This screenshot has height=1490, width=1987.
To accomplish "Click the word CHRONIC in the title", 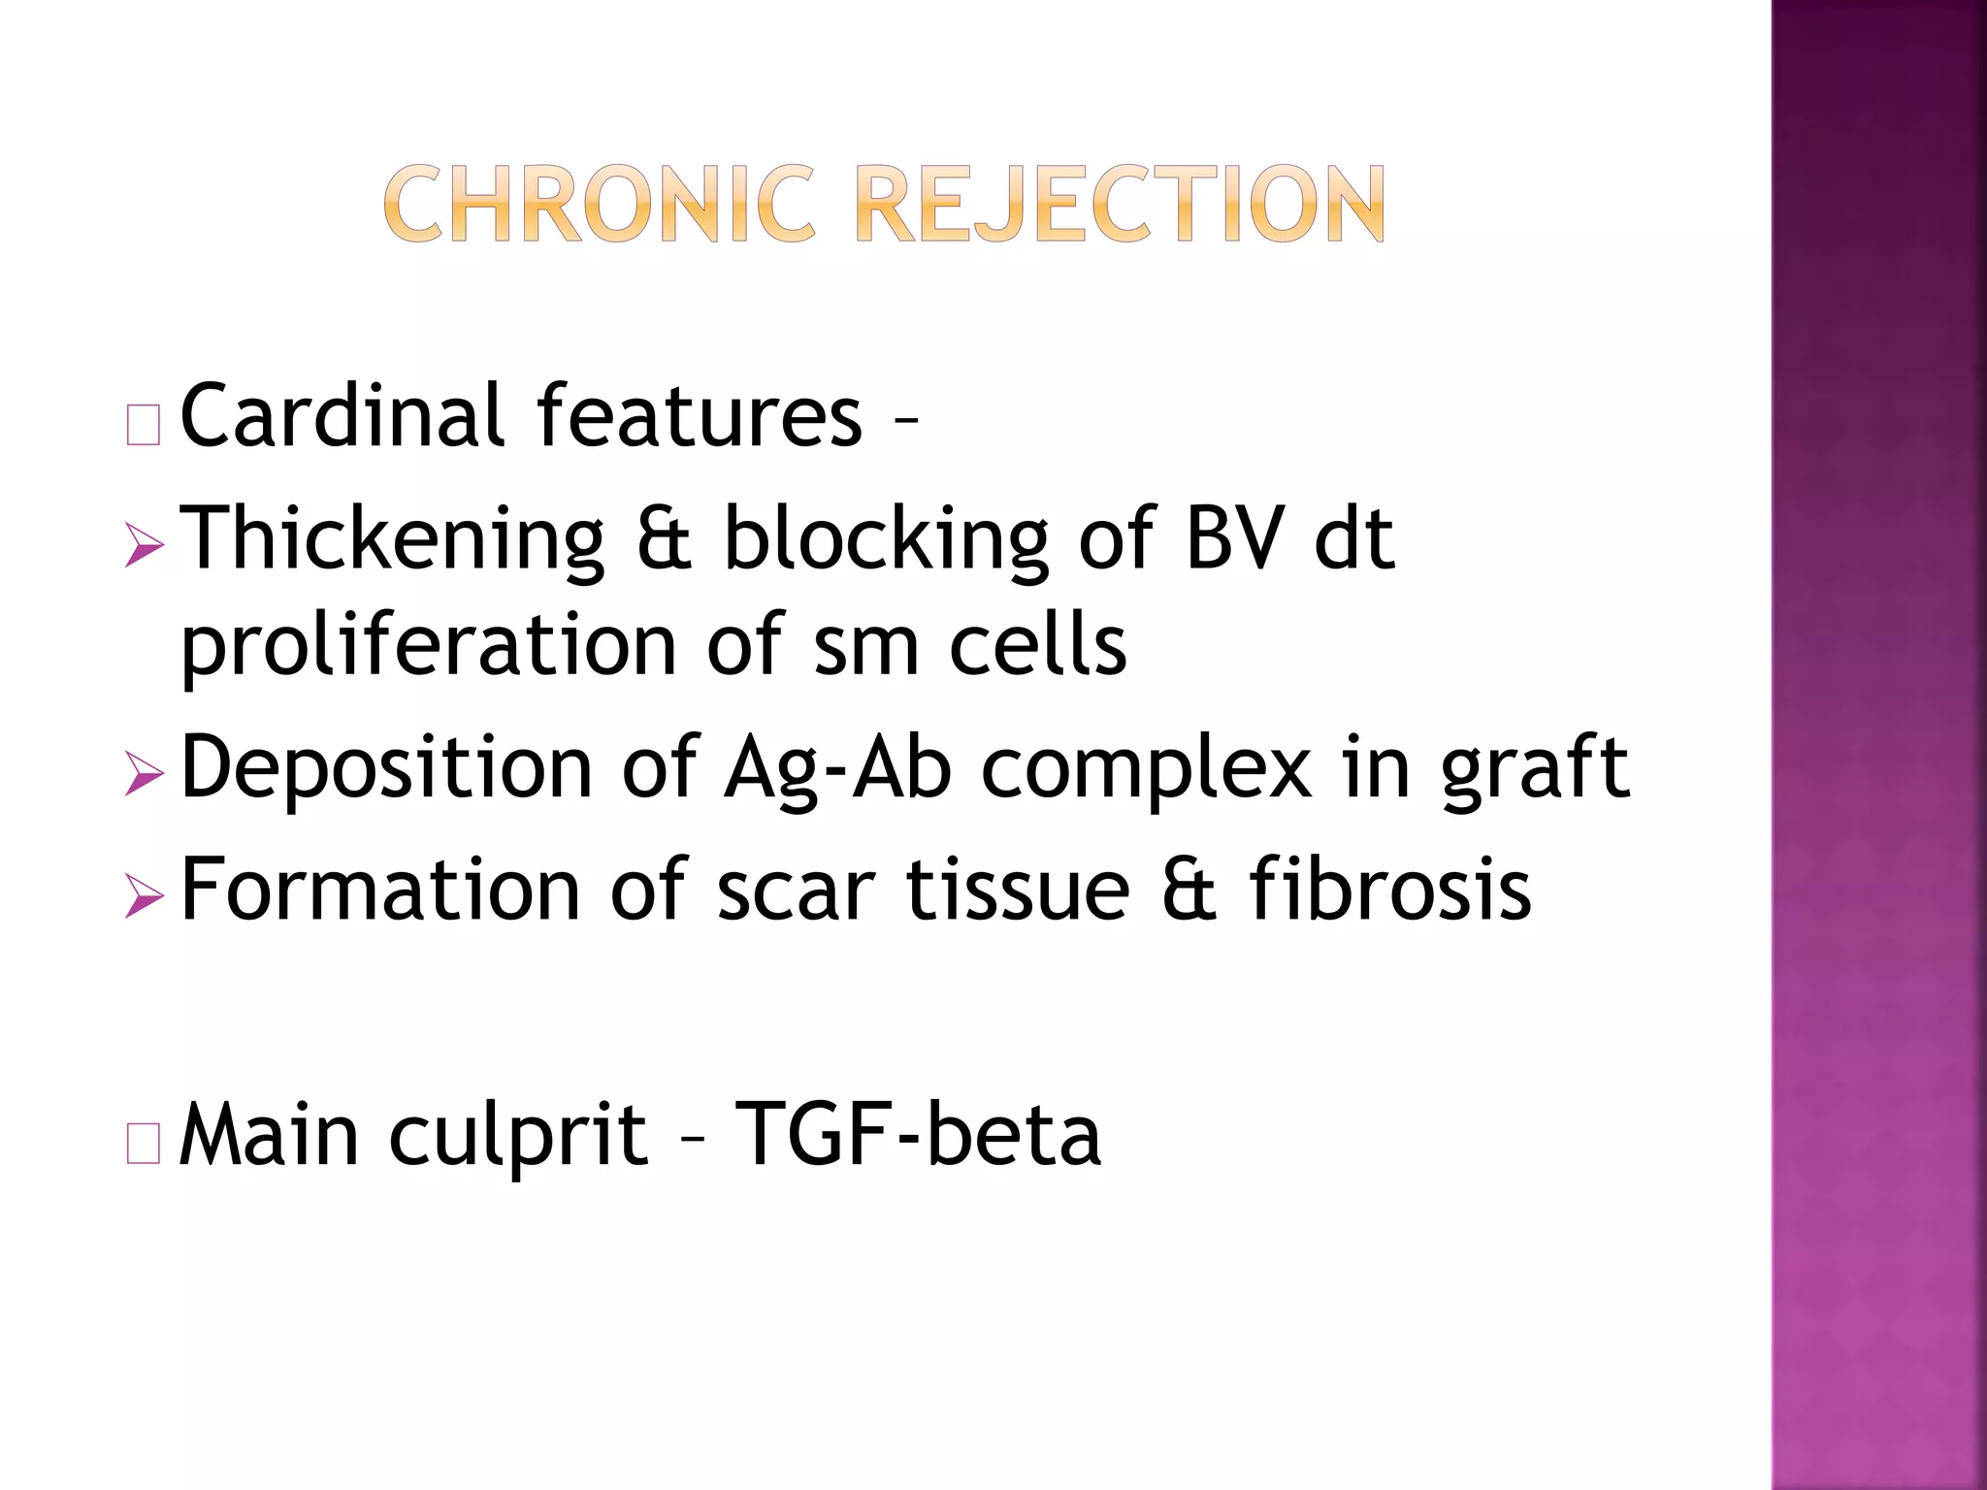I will (x=599, y=205).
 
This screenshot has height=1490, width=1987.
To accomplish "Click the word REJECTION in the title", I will (x=1122, y=205).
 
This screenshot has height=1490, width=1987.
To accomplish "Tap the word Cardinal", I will (x=342, y=416).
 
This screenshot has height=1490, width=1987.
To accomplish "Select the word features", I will (x=699, y=416).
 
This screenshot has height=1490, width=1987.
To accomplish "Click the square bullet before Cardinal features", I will (x=144, y=426).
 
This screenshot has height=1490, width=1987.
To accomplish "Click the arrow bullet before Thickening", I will (x=145, y=547).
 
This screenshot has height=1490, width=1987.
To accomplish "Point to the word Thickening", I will (x=393, y=539).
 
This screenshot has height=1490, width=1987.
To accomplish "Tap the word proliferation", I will (x=428, y=646).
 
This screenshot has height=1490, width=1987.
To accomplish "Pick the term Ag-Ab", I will (x=837, y=768).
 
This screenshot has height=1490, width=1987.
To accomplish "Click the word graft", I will (x=1535, y=768).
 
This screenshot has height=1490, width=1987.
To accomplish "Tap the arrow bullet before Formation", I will (x=145, y=897).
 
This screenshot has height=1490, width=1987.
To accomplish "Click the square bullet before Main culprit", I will (x=144, y=1146).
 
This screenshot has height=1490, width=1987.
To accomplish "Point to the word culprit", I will (x=518, y=1136).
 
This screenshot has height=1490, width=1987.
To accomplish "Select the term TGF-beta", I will (x=918, y=1134).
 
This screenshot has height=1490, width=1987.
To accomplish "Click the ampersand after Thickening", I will (x=665, y=539).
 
